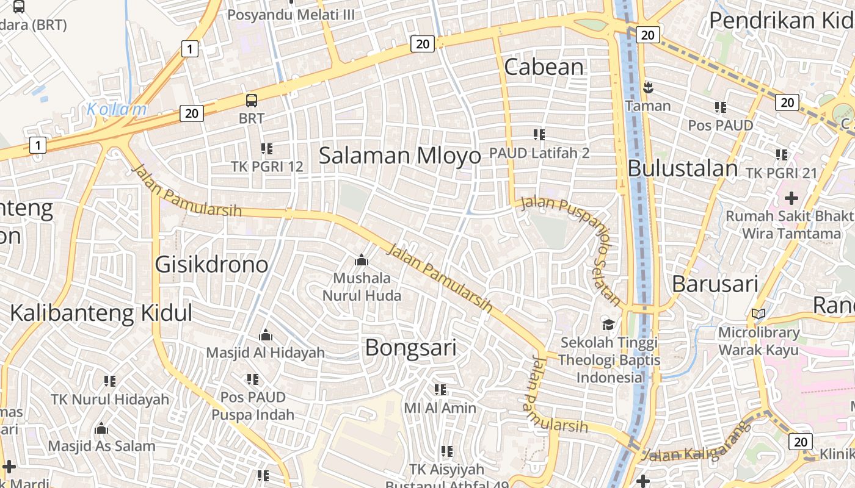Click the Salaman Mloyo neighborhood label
[400, 156]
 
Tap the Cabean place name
[544, 67]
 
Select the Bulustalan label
[683, 168]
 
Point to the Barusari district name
[715, 284]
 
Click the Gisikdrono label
[211, 265]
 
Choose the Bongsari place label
[410, 348]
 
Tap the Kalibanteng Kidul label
[101, 313]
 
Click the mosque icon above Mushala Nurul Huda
[362, 260]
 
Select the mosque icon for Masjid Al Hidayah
[265, 335]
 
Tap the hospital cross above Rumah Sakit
[791, 198]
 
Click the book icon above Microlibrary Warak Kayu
[759, 314]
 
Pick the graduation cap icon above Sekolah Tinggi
[608, 324]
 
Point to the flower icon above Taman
[647, 88]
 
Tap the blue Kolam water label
[117, 110]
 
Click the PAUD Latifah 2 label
[539, 152]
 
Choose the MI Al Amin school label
[440, 407]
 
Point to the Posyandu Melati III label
[291, 14]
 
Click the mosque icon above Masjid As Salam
[101, 428]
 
